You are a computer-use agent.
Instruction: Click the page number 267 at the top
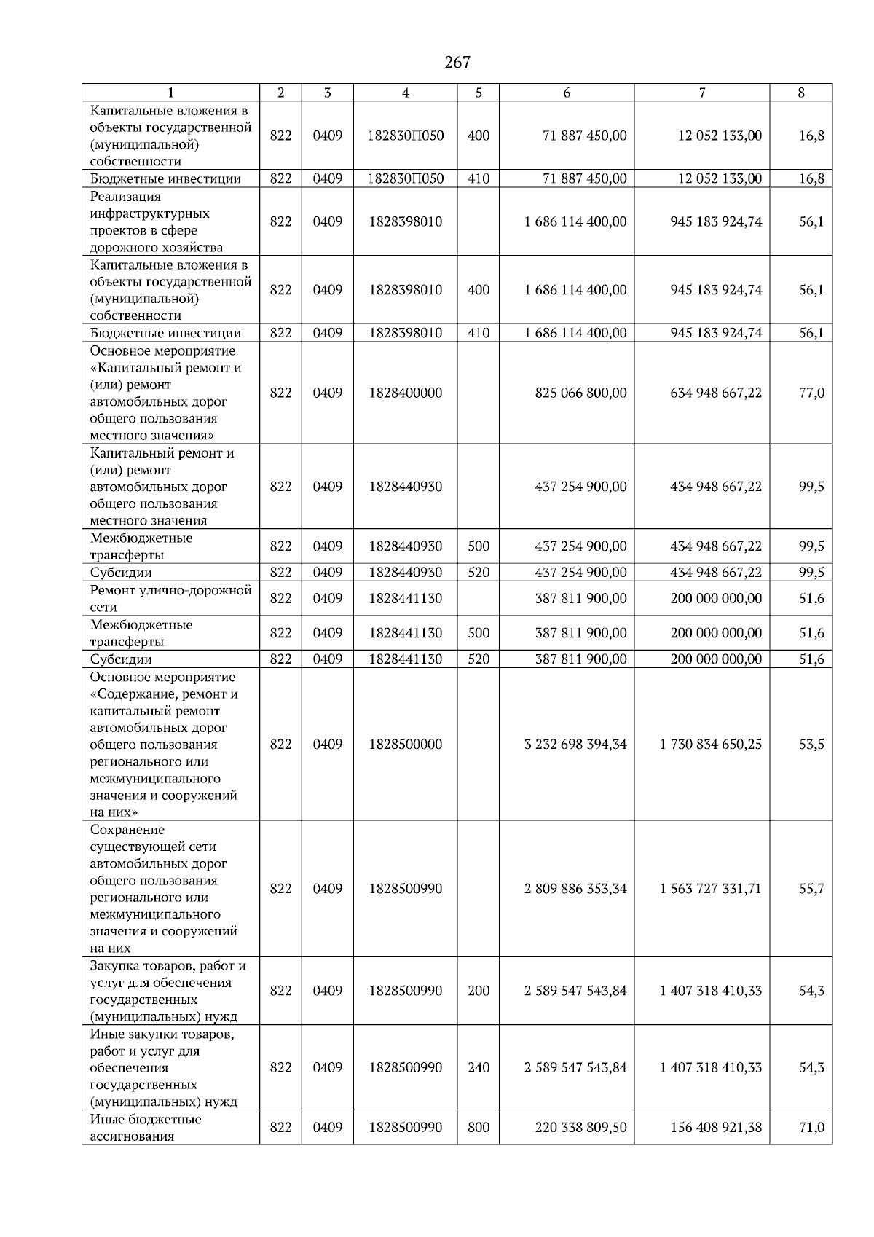(457, 63)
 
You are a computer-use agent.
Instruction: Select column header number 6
(567, 93)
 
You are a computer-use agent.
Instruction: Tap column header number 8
(801, 93)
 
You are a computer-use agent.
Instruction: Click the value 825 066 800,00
(580, 393)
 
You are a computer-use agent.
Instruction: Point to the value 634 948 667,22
(716, 393)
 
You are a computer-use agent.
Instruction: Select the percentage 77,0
(811, 393)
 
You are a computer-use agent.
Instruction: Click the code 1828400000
(406, 393)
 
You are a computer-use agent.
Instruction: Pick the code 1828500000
(406, 745)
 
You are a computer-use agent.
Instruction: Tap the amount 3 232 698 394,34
(575, 745)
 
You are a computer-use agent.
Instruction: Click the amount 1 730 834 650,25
(711, 745)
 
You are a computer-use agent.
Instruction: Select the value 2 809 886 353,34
(575, 889)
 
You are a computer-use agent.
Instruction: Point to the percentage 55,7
(811, 889)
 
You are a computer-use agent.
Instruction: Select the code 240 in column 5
(479, 1067)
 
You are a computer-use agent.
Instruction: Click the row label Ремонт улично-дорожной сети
(170, 598)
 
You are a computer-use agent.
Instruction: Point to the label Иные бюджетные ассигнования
(145, 1128)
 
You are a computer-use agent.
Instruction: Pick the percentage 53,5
(811, 745)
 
